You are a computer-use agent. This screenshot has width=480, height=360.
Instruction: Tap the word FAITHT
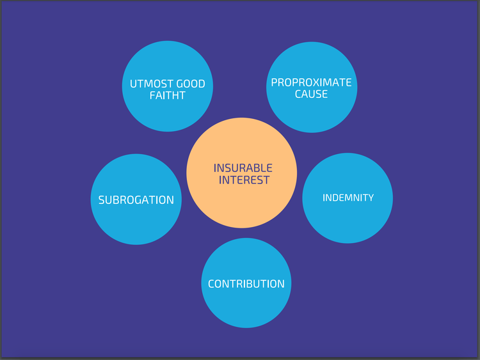tap(168, 96)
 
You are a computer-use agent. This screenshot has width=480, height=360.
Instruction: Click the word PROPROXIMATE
tap(311, 82)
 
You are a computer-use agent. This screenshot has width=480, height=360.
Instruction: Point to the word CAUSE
tap(311, 94)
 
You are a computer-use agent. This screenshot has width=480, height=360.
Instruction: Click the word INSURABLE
tap(243, 168)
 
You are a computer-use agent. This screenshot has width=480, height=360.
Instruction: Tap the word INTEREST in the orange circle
tap(244, 180)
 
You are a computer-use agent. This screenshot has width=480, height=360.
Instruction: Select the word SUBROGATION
tap(136, 200)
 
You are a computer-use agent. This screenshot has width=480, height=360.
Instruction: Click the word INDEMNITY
tap(348, 198)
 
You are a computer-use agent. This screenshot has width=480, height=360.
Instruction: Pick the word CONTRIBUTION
tap(246, 284)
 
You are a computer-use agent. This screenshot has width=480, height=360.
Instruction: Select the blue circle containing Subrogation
tap(136, 224)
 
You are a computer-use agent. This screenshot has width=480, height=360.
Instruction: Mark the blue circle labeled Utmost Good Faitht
tap(168, 115)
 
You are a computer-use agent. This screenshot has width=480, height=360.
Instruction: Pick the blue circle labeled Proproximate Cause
tap(311, 115)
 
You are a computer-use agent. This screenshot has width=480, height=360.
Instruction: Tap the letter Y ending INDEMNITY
tap(370, 198)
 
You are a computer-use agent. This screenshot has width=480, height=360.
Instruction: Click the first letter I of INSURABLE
tap(215, 168)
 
